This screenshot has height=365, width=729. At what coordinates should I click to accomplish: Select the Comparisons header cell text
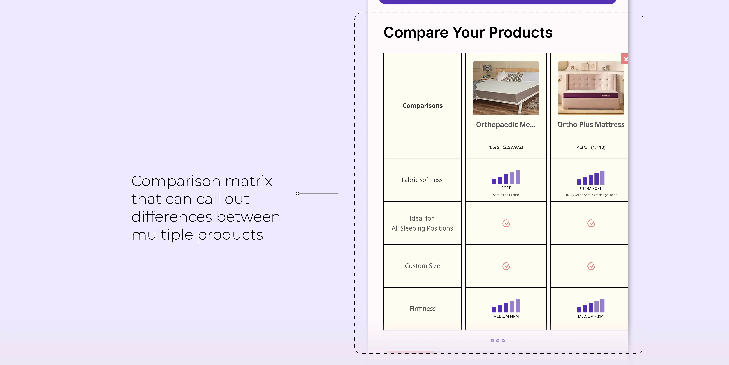(x=422, y=106)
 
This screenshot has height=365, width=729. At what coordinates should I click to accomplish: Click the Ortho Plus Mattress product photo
(x=591, y=88)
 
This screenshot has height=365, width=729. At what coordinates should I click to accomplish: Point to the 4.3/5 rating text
(x=582, y=147)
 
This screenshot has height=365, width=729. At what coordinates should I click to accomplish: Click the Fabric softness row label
(x=422, y=180)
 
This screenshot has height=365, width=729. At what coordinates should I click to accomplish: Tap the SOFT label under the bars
(x=506, y=188)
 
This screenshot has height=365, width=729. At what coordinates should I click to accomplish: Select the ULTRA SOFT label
(x=591, y=188)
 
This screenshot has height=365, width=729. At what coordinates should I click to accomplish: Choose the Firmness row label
(x=422, y=309)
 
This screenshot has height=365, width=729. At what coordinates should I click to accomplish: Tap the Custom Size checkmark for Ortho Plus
(x=591, y=266)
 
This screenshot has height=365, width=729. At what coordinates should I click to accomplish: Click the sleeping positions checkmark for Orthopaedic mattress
(x=506, y=223)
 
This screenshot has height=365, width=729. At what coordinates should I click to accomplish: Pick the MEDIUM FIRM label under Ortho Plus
(x=591, y=316)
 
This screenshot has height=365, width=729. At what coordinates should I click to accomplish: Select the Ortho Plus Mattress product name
(x=591, y=124)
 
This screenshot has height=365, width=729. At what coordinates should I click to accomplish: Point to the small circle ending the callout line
(x=297, y=194)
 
